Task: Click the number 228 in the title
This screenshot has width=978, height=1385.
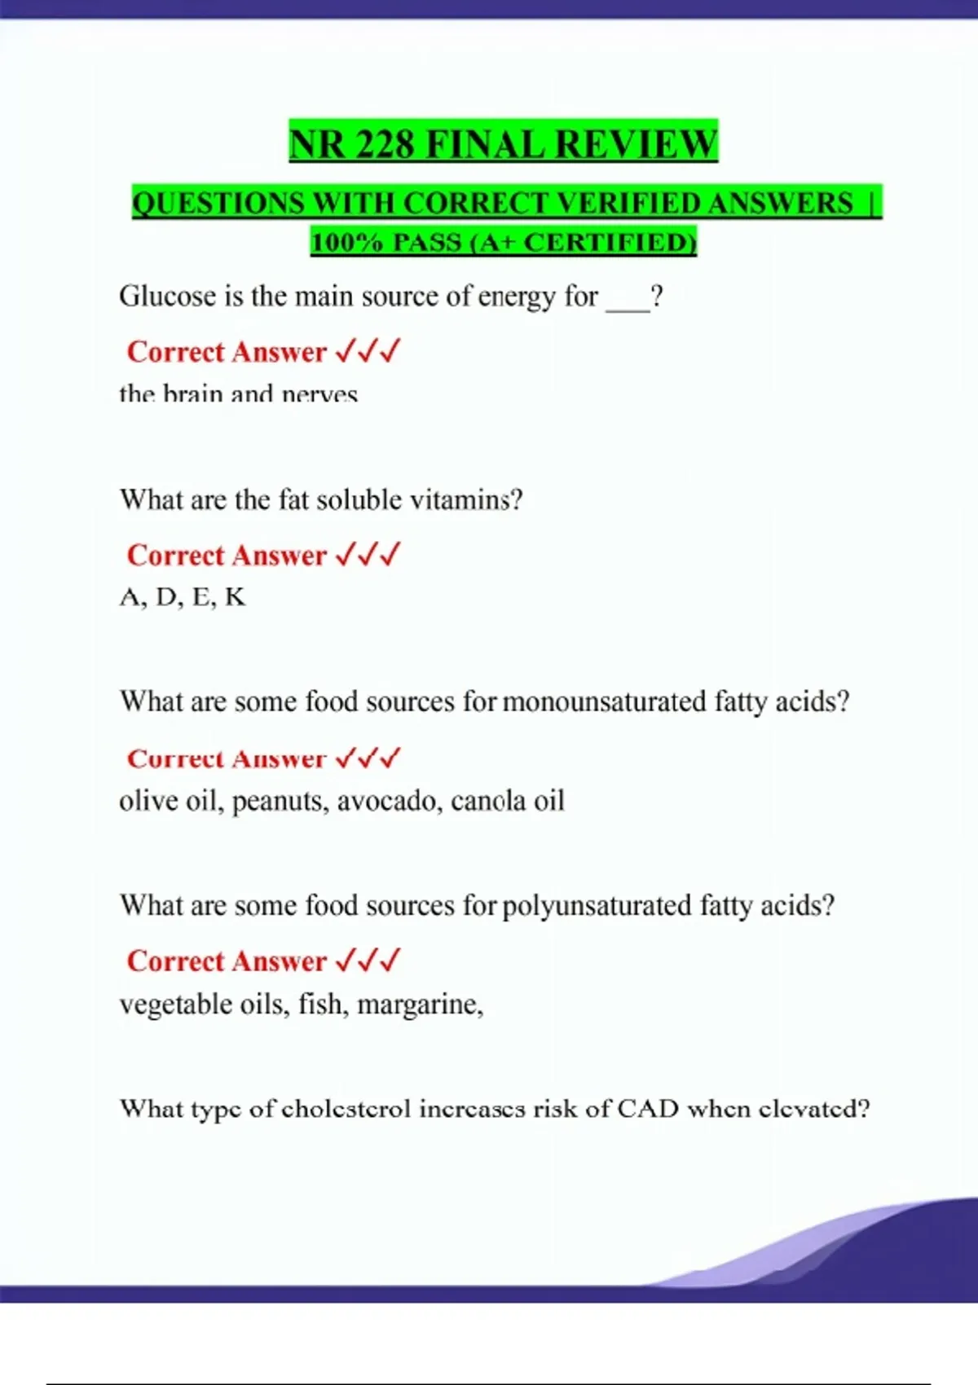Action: (385, 144)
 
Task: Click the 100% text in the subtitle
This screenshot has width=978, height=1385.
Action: (346, 242)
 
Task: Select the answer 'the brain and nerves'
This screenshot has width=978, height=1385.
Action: (238, 394)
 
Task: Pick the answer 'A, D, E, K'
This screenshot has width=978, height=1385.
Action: (182, 597)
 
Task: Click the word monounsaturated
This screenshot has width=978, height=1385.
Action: (604, 701)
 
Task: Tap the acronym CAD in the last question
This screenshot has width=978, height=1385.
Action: (648, 1109)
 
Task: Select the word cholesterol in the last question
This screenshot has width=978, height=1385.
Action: (346, 1109)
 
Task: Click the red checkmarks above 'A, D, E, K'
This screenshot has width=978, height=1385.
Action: (368, 555)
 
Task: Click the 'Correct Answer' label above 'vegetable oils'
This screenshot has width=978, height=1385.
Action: (227, 961)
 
